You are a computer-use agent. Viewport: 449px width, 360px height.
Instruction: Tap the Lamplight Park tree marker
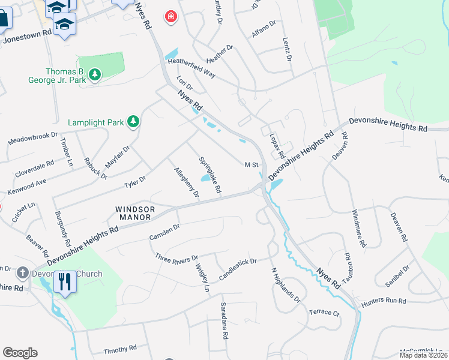coord(133,122)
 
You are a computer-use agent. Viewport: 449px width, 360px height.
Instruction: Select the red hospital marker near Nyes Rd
coord(172,16)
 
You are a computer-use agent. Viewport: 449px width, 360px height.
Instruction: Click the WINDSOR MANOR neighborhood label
coord(135,213)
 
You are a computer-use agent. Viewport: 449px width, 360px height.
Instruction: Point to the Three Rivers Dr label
coord(176,258)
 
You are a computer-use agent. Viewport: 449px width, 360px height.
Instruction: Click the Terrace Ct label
coord(324,313)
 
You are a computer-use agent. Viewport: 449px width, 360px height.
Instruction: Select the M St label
coord(251,164)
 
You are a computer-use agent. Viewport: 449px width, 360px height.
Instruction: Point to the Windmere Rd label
coord(358,229)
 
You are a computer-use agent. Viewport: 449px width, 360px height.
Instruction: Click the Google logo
coord(20,353)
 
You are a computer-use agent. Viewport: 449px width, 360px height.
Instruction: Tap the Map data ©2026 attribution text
coord(423,355)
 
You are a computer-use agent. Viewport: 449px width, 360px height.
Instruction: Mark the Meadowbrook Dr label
coord(33,139)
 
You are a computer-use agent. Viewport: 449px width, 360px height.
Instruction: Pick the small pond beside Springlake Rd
coord(206,179)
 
